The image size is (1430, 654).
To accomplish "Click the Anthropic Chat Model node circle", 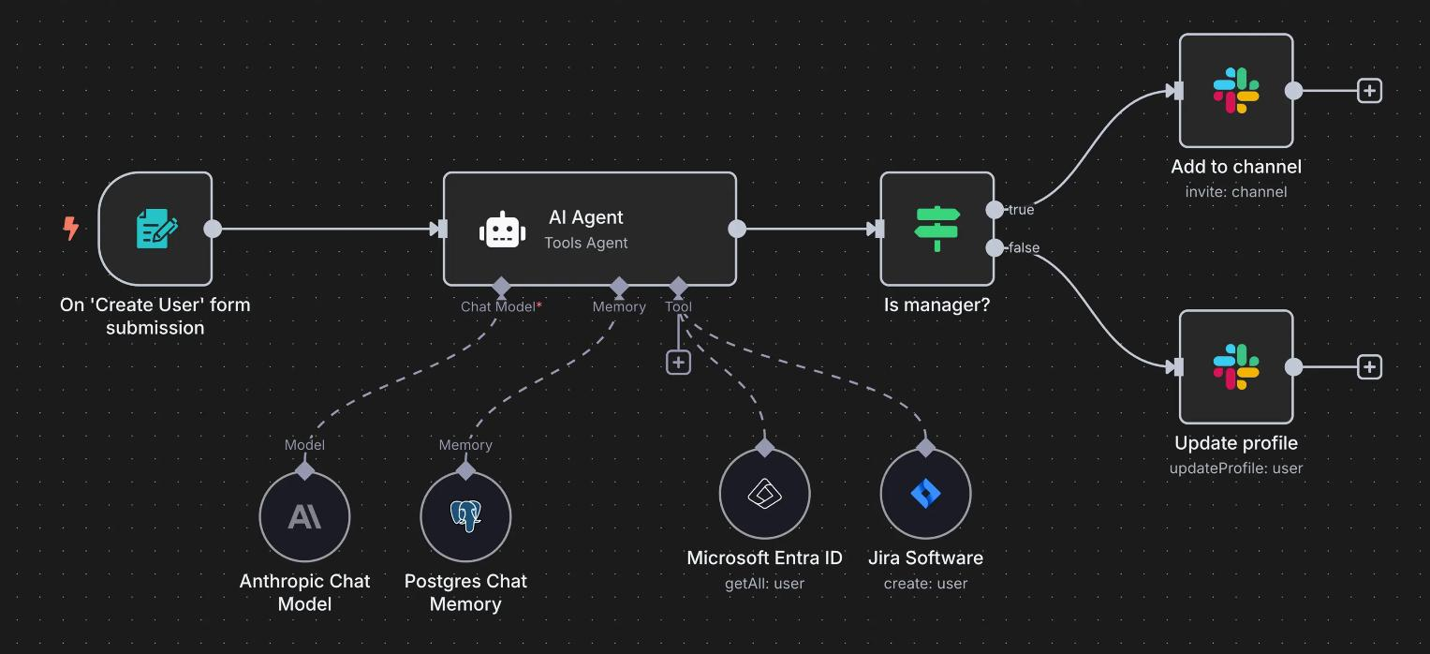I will click(x=304, y=516).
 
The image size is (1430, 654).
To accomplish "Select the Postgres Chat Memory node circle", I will click(x=465, y=516).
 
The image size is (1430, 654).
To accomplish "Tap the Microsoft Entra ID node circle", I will click(x=764, y=494).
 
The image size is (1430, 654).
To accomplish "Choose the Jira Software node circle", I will click(x=925, y=494).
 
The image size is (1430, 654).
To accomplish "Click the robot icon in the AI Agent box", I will click(x=502, y=230).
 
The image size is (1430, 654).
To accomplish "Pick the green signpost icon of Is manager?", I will click(x=936, y=229).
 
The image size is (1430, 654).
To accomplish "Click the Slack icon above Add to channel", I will click(x=1235, y=91).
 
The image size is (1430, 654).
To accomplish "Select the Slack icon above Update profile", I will click(x=1235, y=367).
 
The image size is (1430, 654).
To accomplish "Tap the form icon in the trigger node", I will click(x=156, y=229).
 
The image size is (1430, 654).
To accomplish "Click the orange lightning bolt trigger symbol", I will click(x=70, y=228).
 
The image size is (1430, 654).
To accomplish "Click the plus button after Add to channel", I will click(x=1369, y=91).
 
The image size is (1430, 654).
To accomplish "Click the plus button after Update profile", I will click(x=1369, y=367).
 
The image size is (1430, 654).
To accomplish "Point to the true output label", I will click(x=1021, y=210).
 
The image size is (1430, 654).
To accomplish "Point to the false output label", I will click(x=1024, y=248).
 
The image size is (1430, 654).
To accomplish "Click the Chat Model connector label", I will click(x=499, y=306).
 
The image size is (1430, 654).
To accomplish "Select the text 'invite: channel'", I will click(x=1235, y=192).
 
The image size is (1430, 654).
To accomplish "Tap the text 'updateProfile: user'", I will click(x=1235, y=468).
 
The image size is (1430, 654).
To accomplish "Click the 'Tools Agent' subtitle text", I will click(x=586, y=244).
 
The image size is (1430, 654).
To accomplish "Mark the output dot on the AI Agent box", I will click(x=737, y=229).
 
